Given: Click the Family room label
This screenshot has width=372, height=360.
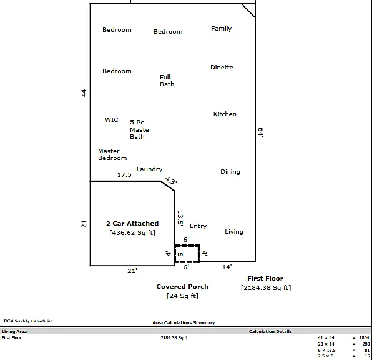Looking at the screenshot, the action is coord(222,29).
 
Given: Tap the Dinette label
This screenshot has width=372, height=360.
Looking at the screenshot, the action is coord(222,67).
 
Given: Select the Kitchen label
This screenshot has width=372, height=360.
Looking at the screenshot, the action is coord(225,114).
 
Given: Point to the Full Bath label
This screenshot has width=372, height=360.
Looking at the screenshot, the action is coord(167,81).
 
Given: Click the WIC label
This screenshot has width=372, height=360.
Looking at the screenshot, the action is coord(112,119).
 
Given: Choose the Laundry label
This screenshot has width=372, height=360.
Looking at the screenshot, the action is coord(149,169).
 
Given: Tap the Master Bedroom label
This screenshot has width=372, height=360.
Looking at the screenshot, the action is coord(112,154).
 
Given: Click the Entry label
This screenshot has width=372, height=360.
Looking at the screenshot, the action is coord(198,226).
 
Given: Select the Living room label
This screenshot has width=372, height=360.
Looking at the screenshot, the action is coord(234,232).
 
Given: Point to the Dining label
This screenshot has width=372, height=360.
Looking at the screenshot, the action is coord(230,172).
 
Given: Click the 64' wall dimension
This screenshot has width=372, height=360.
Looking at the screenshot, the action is coord(261,132).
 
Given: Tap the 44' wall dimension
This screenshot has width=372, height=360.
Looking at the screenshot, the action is coord(84,92).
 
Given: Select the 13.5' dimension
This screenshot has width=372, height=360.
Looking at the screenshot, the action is coord(180,218).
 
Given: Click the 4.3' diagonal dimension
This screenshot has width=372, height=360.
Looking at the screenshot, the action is coord(171,181).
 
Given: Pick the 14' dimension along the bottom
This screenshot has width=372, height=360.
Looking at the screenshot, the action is coord(227,267).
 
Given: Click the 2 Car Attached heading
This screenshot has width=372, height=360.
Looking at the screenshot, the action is coord(132,223).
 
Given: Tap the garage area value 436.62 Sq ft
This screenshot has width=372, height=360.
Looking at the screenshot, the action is coord(132,232).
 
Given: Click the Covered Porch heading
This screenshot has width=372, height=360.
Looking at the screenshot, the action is coord(182,287).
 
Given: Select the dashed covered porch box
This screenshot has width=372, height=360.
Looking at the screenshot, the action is coord(187,246).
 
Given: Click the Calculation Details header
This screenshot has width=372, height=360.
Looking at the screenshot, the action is coord(270,331).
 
